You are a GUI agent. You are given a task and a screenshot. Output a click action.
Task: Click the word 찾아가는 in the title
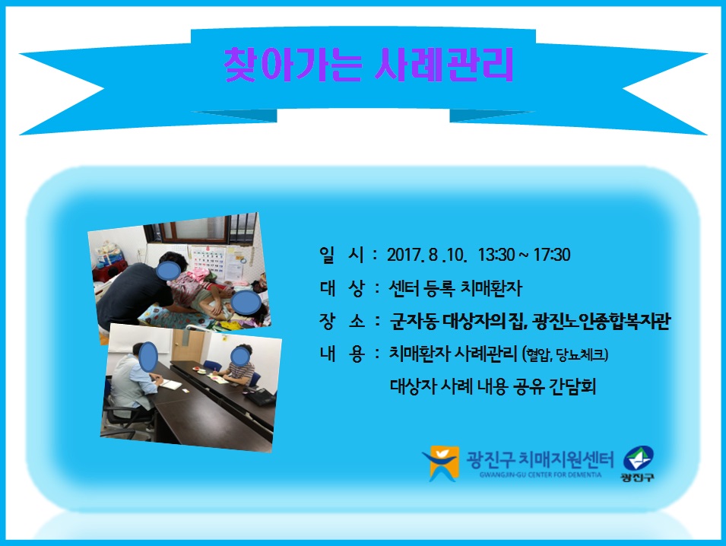pos(292,65)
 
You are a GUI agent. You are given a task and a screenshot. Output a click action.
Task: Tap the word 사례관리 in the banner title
pos(443,65)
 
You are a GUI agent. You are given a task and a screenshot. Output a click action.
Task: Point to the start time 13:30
pos(496,255)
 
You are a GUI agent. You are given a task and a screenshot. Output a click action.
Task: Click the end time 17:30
pos(552,255)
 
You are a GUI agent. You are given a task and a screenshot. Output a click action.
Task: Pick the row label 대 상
pos(341,288)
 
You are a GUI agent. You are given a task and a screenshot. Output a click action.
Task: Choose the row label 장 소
pos(341,320)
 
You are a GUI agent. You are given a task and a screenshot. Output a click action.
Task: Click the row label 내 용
pos(341,354)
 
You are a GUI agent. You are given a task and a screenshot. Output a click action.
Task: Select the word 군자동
pos(414,321)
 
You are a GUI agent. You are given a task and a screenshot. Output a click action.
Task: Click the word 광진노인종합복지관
pos(601,321)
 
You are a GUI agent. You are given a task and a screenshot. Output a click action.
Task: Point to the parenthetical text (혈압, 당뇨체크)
pos(565,354)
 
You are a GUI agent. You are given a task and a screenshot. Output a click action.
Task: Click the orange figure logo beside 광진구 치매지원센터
pos(440,463)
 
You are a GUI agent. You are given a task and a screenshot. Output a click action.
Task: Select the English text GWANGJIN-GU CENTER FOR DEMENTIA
pos(541,475)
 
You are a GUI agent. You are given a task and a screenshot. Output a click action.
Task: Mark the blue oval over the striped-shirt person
pos(239,356)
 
